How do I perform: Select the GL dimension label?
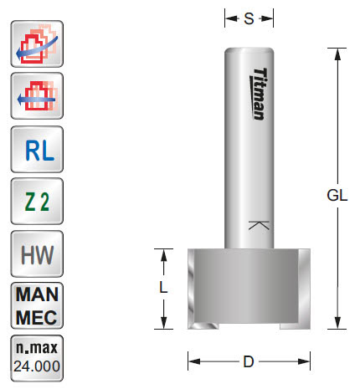(337, 195)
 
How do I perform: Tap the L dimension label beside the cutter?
(165, 287)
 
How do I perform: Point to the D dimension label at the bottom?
(249, 362)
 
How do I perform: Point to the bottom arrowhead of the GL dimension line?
(337, 325)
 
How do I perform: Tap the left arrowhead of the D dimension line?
(192, 362)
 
